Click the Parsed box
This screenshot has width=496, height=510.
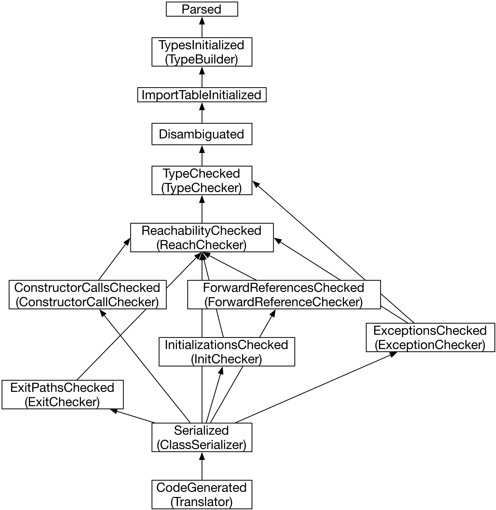point(202,9)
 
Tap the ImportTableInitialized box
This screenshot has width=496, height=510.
point(202,95)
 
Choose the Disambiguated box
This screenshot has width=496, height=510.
point(202,134)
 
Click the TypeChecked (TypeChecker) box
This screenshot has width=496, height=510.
point(202,180)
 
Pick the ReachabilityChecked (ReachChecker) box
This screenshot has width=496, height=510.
point(202,237)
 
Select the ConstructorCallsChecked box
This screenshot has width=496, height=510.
point(87,295)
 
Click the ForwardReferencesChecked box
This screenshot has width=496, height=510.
point(284,295)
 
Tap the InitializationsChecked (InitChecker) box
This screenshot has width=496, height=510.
point(227,352)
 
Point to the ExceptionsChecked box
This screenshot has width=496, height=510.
point(430,338)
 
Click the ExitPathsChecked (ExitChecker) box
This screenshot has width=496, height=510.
point(62,395)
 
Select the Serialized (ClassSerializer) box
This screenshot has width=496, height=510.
point(202,437)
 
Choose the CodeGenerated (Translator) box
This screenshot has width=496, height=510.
point(202,495)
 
